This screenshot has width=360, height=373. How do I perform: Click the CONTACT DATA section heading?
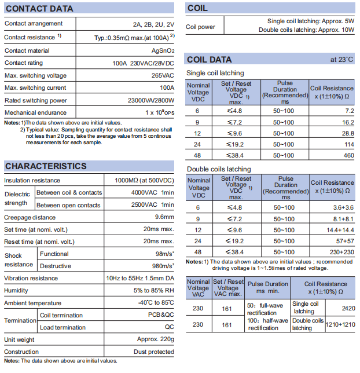39,9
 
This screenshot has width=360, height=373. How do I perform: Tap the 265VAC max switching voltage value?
161,75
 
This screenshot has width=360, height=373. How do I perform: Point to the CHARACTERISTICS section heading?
46,166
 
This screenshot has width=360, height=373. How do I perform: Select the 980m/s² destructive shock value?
161,266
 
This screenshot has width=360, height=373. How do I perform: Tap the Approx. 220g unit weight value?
155,339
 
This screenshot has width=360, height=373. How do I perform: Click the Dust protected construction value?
153,352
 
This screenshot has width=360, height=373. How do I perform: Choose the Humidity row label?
16,291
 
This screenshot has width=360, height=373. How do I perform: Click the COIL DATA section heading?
209,60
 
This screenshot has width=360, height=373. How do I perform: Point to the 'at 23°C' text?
341,60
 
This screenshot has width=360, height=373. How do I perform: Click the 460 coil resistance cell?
348,155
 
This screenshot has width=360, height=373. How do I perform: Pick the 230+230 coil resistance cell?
341,252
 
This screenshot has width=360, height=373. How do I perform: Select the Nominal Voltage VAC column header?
199,288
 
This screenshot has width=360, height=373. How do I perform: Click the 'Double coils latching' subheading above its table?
219,169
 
